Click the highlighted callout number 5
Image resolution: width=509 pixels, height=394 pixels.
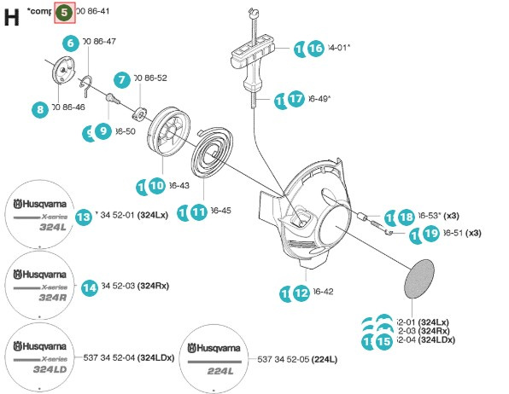tap(65, 13)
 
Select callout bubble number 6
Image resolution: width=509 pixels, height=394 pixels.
tap(70, 42)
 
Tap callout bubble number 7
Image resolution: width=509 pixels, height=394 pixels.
tap(122, 79)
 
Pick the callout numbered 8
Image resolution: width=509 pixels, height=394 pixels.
tap(40, 108)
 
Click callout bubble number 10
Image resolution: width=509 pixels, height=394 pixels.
tap(156, 185)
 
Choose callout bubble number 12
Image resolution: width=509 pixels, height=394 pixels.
tap(301, 293)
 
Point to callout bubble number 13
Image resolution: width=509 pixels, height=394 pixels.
tap(83, 217)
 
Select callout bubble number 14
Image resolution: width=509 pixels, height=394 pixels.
tap(89, 287)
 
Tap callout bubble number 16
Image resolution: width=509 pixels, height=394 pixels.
tap(316, 49)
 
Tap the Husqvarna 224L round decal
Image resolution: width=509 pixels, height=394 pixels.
tap(216, 356)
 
